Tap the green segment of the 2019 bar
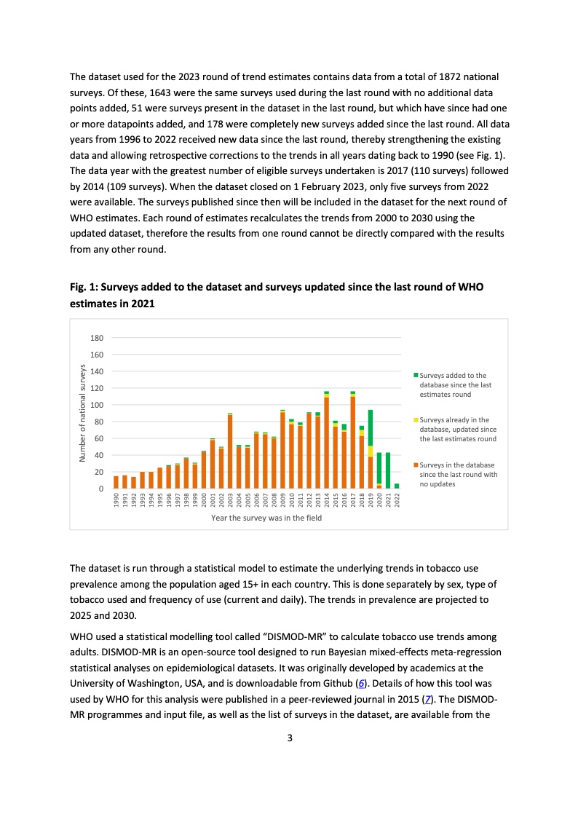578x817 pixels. coord(371,425)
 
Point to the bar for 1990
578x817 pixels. coord(116,482)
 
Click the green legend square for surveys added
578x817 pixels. coord(416,376)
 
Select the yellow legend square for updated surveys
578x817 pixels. coord(416,420)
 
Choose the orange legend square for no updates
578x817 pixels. coord(416,465)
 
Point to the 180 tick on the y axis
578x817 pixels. coord(97,338)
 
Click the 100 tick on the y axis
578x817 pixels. coord(97,405)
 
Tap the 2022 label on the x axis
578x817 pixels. coord(397,501)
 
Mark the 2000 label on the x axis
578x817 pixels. coord(204,501)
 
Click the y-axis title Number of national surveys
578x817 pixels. coord(83,413)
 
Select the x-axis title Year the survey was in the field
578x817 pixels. coord(266,518)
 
